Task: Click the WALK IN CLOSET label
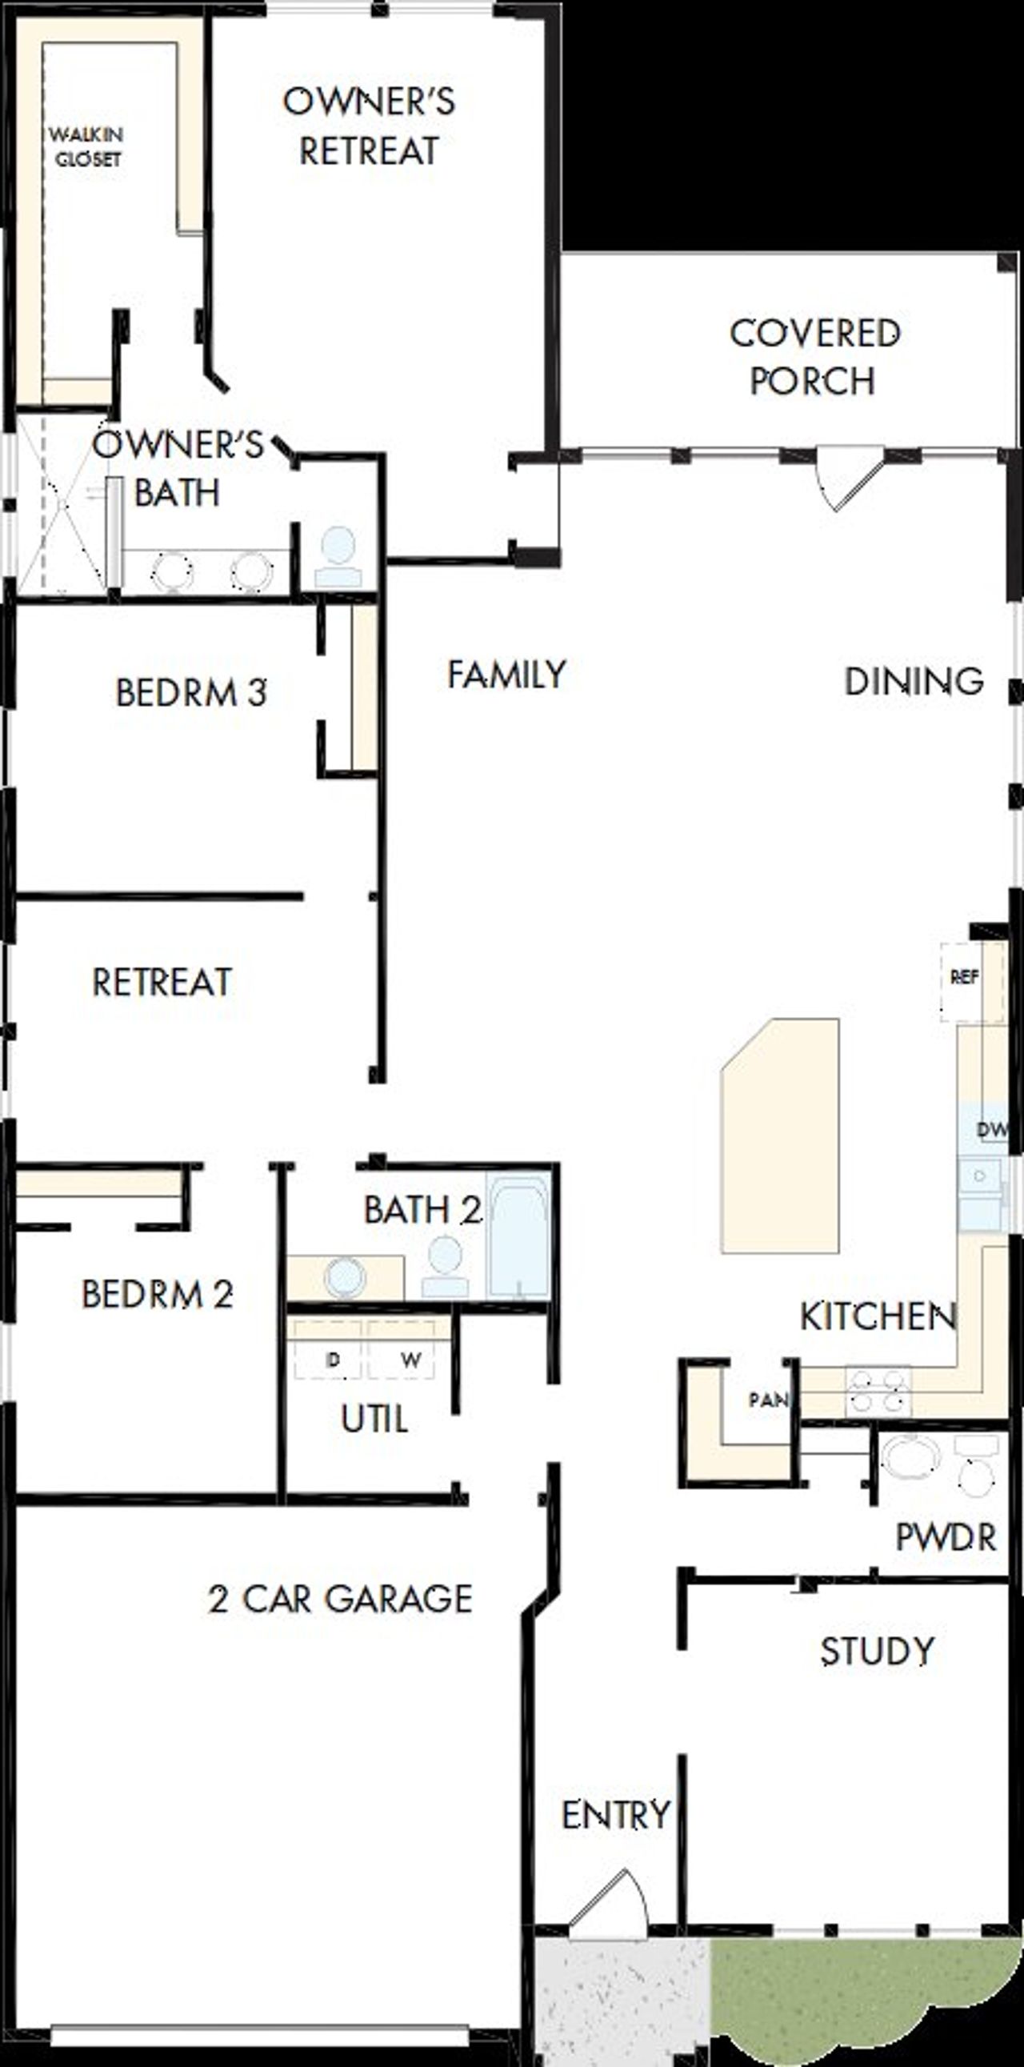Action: tap(87, 146)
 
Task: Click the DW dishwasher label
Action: tap(991, 1130)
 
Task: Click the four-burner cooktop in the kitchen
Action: tap(878, 1391)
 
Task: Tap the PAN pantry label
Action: tap(767, 1400)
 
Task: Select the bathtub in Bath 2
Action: tap(519, 1236)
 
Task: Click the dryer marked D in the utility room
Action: tap(332, 1360)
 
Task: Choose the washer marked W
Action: tap(410, 1360)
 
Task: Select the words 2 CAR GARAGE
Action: tap(340, 1599)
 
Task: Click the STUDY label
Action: tap(878, 1652)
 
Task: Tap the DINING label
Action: tap(914, 682)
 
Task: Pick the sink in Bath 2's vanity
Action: tap(345, 1276)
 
